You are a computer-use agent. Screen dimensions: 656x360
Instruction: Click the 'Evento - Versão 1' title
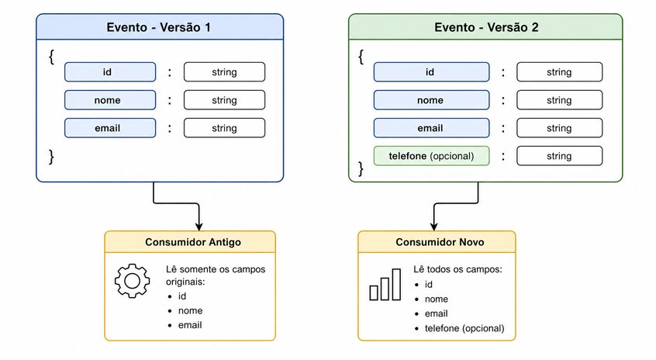pyautogui.click(x=158, y=27)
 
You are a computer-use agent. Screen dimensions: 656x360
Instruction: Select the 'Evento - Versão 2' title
pyautogui.click(x=486, y=27)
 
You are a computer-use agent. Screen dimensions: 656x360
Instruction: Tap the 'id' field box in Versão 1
pyautogui.click(x=110, y=72)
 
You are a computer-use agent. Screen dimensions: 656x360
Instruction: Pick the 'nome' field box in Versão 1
pyautogui.click(x=110, y=100)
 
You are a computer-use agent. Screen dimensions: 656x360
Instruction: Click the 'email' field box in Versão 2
pyautogui.click(x=431, y=128)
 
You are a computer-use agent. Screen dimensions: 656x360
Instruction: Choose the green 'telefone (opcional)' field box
pyautogui.click(x=431, y=156)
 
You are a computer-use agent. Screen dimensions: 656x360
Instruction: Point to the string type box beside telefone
pyautogui.click(x=559, y=156)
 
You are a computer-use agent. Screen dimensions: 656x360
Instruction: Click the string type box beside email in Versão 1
pyautogui.click(x=224, y=128)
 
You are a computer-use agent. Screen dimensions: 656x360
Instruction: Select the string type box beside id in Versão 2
pyautogui.click(x=559, y=72)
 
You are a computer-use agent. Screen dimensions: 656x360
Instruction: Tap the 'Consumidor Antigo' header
pyautogui.click(x=193, y=242)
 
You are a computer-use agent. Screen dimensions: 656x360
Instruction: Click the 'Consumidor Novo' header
pyautogui.click(x=440, y=242)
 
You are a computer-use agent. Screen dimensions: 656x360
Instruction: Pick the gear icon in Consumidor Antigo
pyautogui.click(x=132, y=281)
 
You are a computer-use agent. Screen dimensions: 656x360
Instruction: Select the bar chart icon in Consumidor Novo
pyautogui.click(x=385, y=285)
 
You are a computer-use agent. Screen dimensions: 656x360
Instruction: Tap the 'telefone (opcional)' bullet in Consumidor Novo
pyautogui.click(x=464, y=328)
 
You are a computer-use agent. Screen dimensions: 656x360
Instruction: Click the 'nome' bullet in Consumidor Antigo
pyautogui.click(x=190, y=310)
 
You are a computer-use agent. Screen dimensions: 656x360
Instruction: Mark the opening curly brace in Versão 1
pyautogui.click(x=51, y=57)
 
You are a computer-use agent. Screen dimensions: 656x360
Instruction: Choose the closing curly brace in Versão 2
pyautogui.click(x=361, y=168)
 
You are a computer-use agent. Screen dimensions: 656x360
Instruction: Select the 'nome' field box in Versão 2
pyautogui.click(x=431, y=100)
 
